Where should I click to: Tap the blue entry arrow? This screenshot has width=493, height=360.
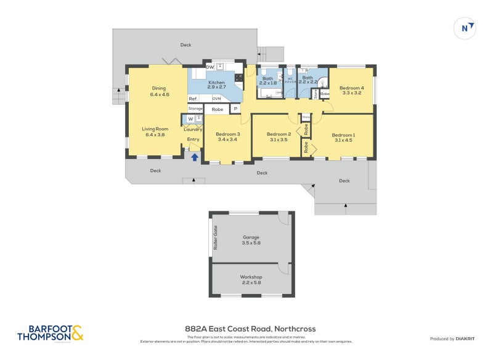195,157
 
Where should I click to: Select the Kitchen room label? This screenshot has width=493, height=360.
216,84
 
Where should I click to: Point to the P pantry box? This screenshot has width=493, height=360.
235,109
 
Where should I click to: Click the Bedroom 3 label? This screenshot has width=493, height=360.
227,136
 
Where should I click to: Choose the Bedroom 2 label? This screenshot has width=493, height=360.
279,136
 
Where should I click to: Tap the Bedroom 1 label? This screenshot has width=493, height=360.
343,137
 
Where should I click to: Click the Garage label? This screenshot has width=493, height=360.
251,240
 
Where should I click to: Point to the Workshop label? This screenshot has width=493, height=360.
251,280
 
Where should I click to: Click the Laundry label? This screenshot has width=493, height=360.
193,129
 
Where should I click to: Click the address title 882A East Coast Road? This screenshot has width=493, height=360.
250,329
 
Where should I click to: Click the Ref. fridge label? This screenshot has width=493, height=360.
193,99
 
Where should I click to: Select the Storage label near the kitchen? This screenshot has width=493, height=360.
195,109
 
